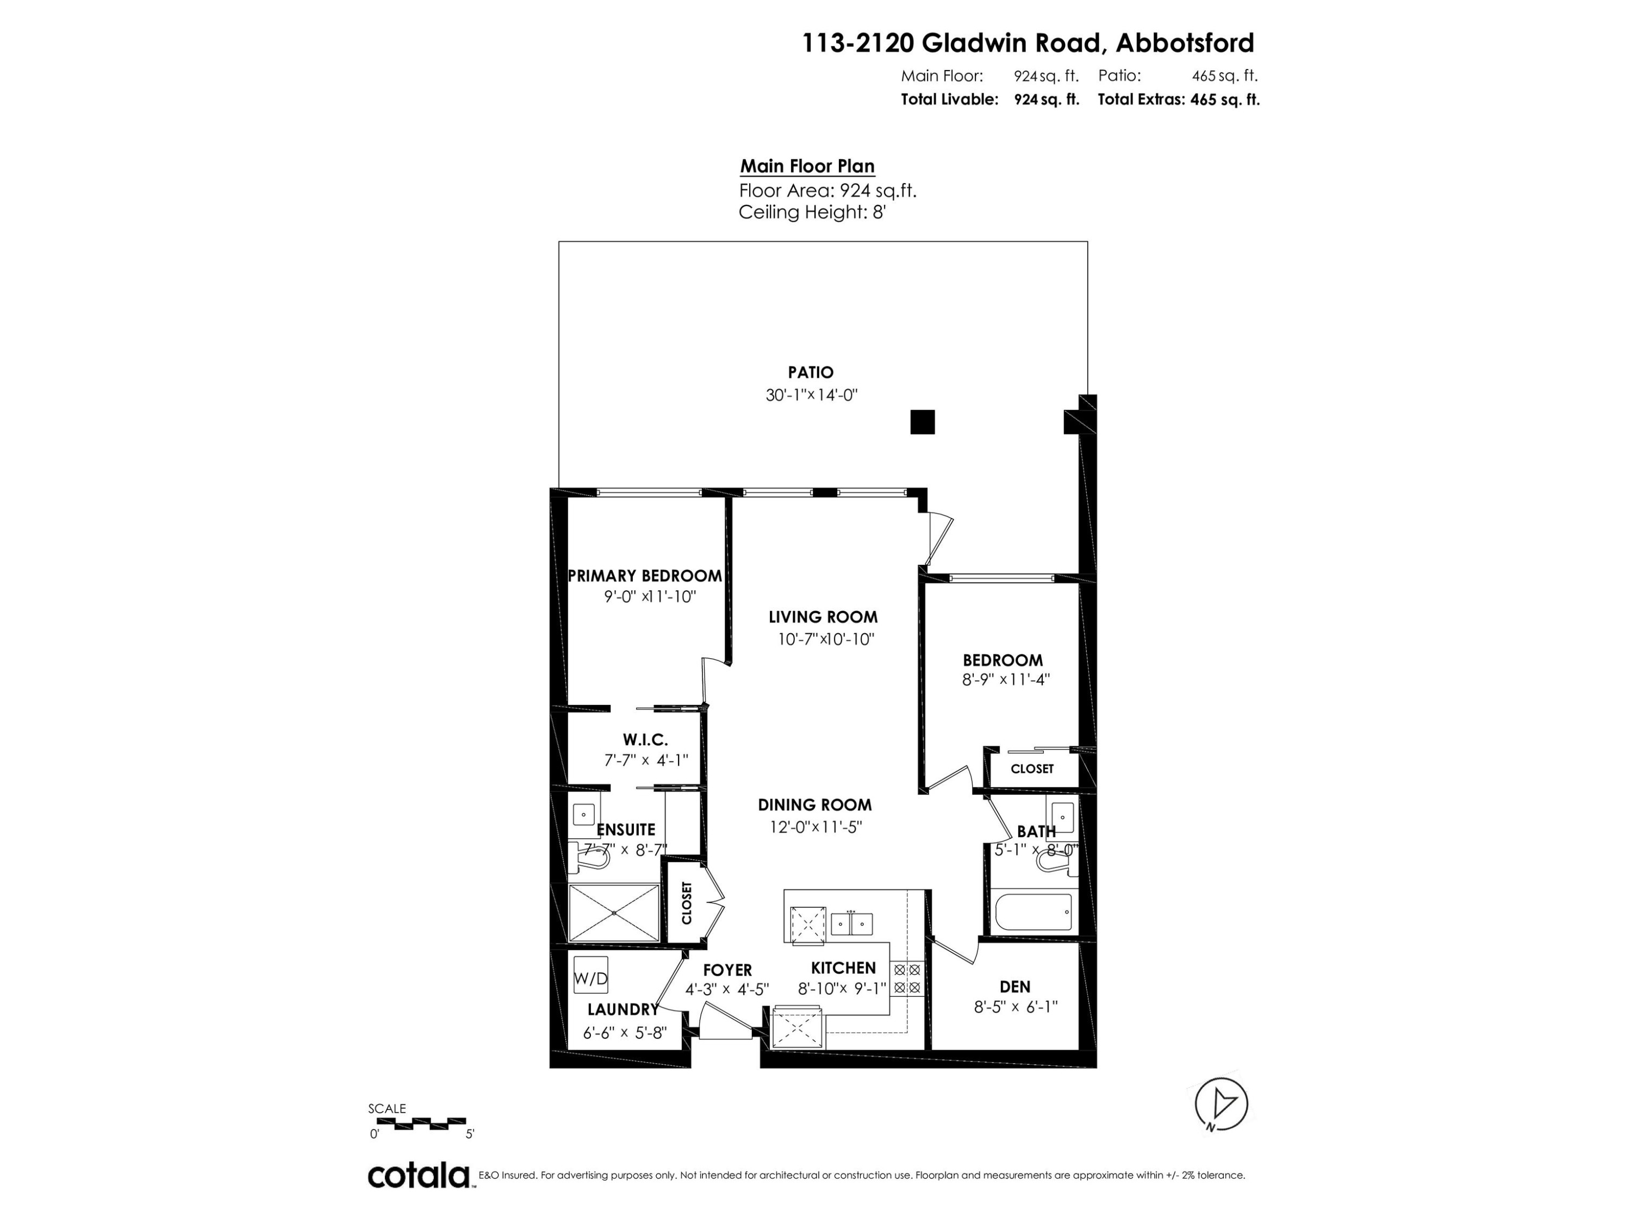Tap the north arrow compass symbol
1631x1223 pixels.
1221,1103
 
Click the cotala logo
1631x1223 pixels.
419,1175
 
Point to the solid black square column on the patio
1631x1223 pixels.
923,422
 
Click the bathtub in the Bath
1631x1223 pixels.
1033,913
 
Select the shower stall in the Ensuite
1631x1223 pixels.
614,913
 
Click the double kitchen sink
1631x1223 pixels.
851,924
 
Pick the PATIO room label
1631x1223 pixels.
811,372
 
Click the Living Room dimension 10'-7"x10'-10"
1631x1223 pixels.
826,639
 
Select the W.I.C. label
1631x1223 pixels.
645,739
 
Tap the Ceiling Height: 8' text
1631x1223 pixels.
811,213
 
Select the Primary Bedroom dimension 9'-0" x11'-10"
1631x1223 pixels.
650,596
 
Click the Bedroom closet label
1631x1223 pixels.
1031,769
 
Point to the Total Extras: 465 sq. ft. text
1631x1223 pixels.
1178,99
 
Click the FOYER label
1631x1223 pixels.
727,970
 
